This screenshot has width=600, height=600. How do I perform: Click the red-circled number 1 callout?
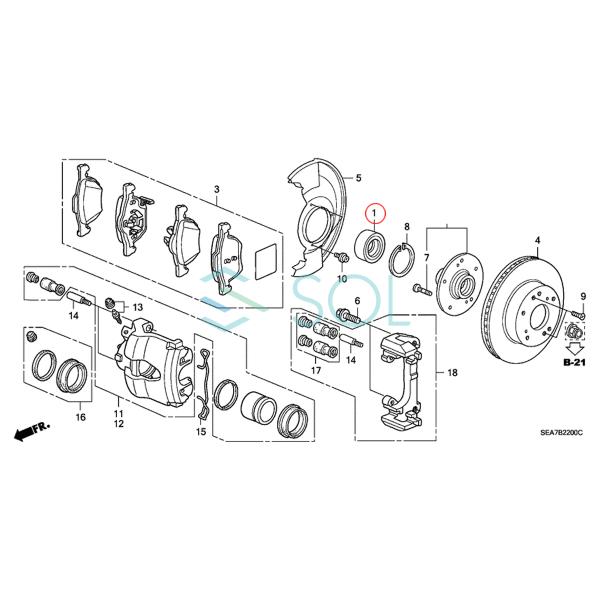[x=375, y=212]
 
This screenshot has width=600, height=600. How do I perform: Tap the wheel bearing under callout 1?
[x=369, y=245]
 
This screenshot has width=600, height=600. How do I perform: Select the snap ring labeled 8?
[x=401, y=260]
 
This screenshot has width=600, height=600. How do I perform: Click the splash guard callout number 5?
[x=358, y=178]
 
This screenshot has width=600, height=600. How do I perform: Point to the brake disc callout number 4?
[x=538, y=241]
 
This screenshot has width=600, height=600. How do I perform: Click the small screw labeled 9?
[x=577, y=314]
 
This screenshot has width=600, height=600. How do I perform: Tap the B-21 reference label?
[x=574, y=362]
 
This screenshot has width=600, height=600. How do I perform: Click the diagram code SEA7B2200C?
[x=561, y=433]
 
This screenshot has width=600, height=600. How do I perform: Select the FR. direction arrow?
[x=31, y=430]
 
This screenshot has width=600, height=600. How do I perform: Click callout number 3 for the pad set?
[x=217, y=189]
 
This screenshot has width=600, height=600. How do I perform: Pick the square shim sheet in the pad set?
[x=266, y=261]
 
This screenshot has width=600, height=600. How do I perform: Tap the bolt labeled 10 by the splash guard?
[x=341, y=259]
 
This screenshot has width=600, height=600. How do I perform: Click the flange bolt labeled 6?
[x=349, y=317]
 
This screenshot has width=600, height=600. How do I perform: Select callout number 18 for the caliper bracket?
[x=452, y=372]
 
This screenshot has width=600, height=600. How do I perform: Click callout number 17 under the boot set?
[x=316, y=370]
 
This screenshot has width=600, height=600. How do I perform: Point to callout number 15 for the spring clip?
[x=201, y=432]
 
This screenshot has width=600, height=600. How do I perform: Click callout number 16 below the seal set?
[x=81, y=417]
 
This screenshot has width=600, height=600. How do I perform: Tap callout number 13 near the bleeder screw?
[x=137, y=307]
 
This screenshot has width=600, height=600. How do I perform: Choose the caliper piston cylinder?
[x=259, y=408]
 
